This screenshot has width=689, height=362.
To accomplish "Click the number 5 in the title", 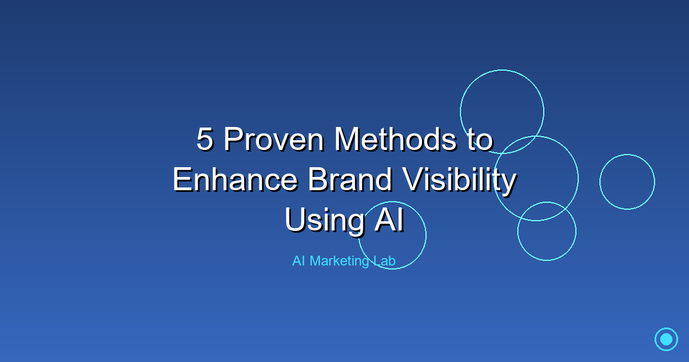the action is [x=205, y=139].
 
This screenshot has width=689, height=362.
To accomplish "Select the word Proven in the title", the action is [x=274, y=139].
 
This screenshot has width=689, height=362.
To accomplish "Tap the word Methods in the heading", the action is [x=396, y=138].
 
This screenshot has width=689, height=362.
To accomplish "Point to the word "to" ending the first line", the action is [x=481, y=140].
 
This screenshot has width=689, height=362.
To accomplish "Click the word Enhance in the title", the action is [x=235, y=179].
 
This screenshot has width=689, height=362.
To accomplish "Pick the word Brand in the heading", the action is [x=350, y=179].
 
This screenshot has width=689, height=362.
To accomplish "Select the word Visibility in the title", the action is [x=459, y=182].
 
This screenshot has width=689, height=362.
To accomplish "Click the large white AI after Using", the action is [x=389, y=219].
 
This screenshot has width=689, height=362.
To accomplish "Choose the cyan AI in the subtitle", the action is [x=299, y=261].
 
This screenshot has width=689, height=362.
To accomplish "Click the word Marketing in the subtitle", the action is [x=339, y=261].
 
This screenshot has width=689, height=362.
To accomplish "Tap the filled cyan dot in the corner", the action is [x=666, y=339].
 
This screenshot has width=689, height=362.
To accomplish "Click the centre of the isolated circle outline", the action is [x=627, y=182].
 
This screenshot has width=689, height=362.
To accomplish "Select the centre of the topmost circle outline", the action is [x=502, y=111].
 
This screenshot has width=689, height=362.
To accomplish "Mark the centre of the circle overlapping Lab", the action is [x=393, y=236].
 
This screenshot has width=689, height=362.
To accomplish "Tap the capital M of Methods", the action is [x=347, y=139].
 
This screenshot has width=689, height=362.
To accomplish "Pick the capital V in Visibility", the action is [x=415, y=179].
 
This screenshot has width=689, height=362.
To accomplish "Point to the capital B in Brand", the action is [x=318, y=179].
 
